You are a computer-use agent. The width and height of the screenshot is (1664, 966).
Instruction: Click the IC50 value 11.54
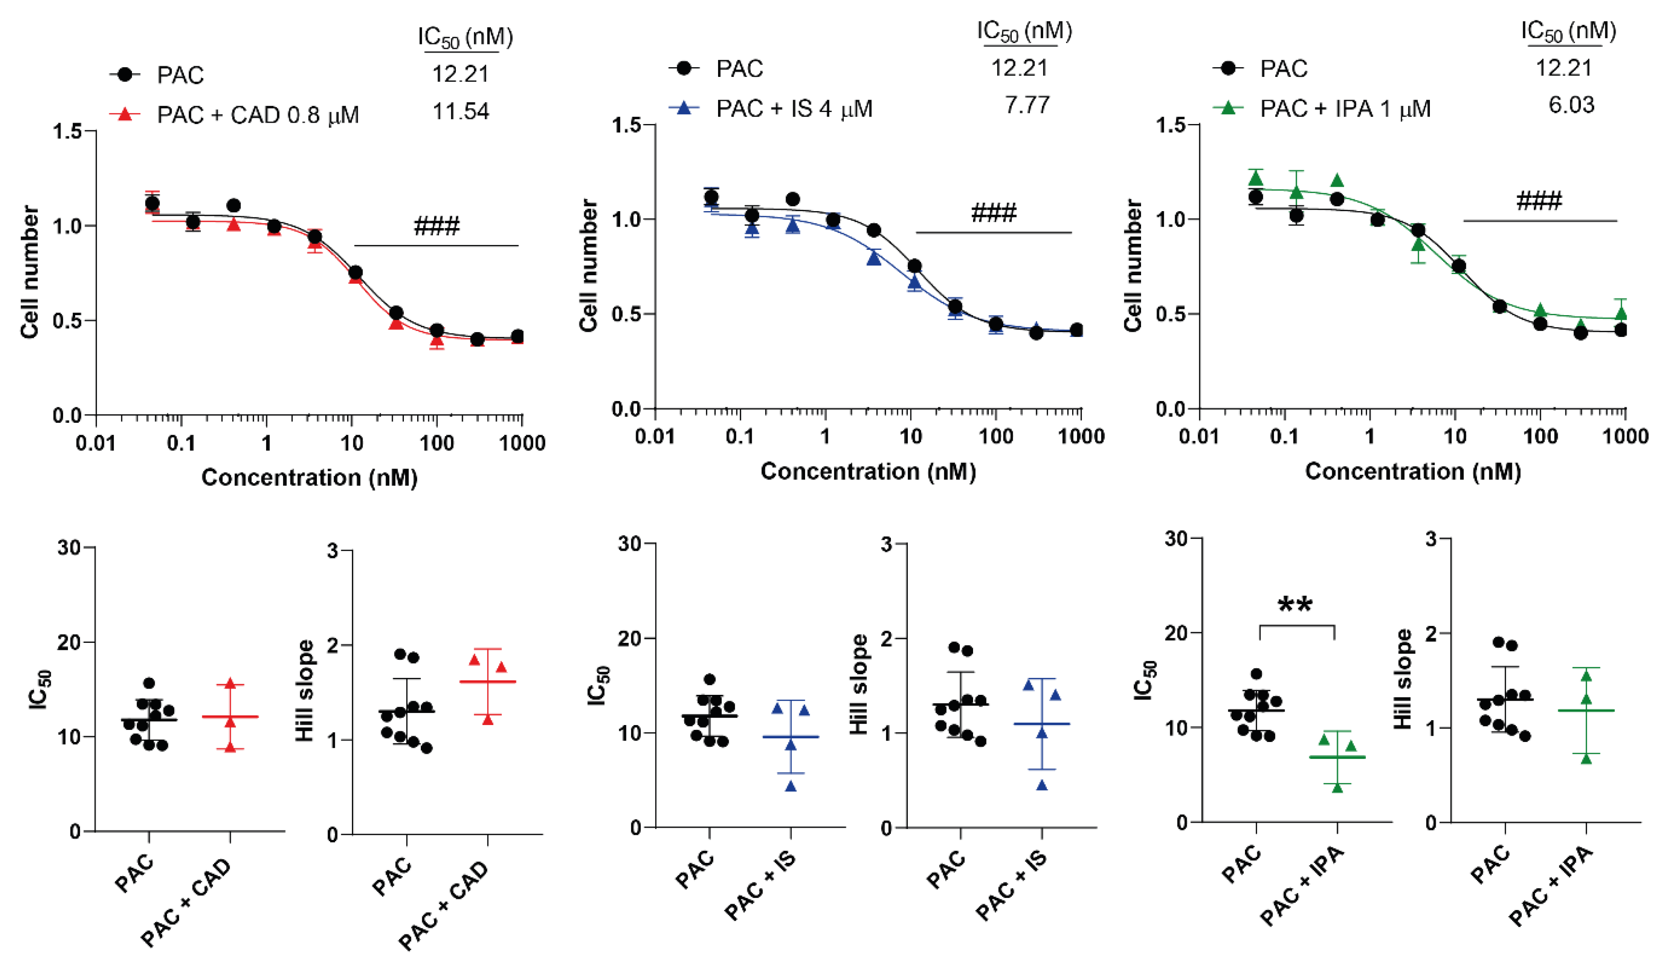pyautogui.click(x=460, y=111)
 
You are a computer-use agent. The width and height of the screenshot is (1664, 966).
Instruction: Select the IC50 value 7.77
pyautogui.click(x=1027, y=104)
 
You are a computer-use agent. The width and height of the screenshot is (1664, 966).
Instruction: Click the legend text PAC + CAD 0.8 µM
pyautogui.click(x=258, y=115)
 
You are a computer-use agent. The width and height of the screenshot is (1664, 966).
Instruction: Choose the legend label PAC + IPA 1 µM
pyautogui.click(x=1345, y=108)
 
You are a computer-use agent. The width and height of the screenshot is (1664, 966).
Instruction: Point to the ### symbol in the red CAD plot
pyautogui.click(x=436, y=227)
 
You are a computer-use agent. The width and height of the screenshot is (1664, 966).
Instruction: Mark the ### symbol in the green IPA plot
pyautogui.click(x=1539, y=201)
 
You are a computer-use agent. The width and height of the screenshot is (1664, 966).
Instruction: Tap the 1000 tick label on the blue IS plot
pyautogui.click(x=1080, y=436)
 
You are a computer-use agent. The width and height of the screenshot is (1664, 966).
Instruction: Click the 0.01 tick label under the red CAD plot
pyautogui.click(x=96, y=443)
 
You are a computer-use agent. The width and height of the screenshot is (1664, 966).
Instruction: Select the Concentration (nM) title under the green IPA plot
pyautogui.click(x=1413, y=471)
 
